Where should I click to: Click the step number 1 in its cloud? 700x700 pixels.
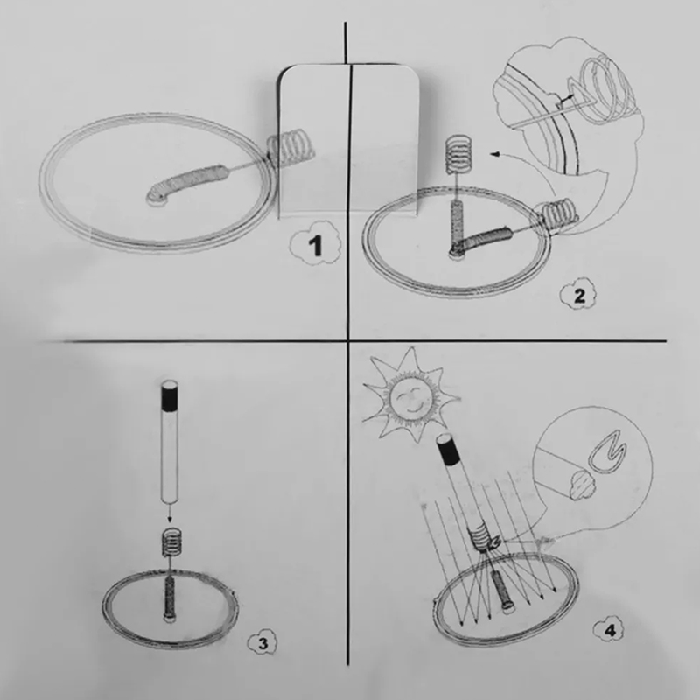(316, 245)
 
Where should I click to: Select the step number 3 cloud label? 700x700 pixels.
(262, 643)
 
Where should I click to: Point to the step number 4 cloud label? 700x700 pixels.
(609, 630)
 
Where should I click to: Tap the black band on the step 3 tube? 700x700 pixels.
(169, 400)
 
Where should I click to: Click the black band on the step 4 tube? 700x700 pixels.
(451, 451)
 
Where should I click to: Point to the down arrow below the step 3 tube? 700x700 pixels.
(169, 511)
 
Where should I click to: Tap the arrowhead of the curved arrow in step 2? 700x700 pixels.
(494, 154)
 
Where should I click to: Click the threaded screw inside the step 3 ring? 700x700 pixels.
(170, 598)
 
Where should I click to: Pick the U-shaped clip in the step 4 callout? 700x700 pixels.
(607, 451)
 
